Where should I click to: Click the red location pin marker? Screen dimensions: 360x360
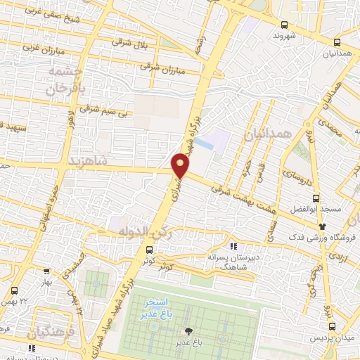point(181,164)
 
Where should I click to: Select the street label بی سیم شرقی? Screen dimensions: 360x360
point(103,109)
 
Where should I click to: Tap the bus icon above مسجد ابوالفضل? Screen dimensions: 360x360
point(316,198)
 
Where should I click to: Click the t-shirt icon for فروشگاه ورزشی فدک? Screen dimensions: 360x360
point(323,226)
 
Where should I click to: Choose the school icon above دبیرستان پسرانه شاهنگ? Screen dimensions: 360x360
point(234,247)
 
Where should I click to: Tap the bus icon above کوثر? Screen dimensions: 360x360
point(148,249)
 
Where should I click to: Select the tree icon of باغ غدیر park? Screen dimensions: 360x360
point(188,331)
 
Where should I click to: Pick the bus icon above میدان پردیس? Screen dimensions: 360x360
point(332,326)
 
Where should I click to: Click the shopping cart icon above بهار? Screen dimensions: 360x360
point(46,271)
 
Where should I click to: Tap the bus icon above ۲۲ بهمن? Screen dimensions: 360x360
point(15,290)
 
